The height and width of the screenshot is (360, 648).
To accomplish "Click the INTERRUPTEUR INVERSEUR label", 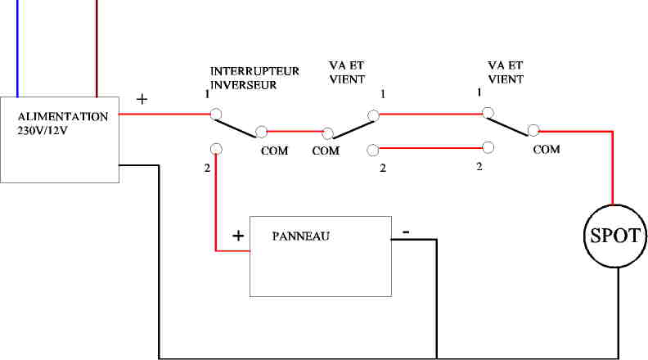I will [x=254, y=78].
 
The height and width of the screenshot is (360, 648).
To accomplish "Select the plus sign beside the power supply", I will [x=142, y=99].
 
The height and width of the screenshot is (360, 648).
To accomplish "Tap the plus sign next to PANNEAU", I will [x=238, y=236].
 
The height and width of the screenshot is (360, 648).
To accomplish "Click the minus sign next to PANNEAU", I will [x=405, y=233].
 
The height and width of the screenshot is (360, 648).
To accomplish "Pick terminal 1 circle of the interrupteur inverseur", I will [x=215, y=114].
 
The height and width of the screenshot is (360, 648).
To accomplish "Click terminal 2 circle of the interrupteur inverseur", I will [x=215, y=149].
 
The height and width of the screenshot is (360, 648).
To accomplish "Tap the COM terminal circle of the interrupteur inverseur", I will [x=262, y=131].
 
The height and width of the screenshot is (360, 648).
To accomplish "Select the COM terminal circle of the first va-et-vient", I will [x=328, y=133].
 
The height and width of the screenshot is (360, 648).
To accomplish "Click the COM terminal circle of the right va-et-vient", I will [x=533, y=130].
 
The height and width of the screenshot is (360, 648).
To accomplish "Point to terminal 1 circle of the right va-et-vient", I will [x=488, y=112].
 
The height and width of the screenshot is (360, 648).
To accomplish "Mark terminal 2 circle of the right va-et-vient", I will [x=488, y=147].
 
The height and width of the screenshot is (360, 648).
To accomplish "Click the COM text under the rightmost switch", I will [x=547, y=150].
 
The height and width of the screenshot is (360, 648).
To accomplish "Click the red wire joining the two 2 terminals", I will [x=430, y=148].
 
